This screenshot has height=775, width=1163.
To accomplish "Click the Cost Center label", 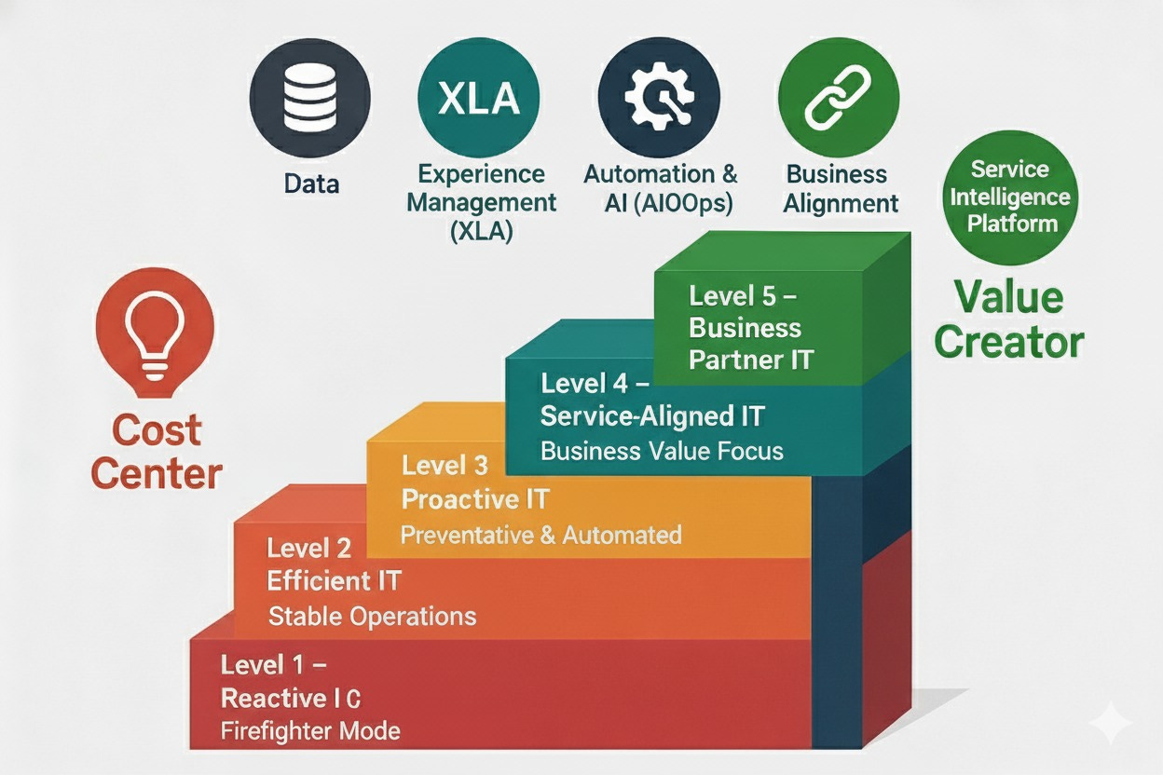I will tap(157, 452).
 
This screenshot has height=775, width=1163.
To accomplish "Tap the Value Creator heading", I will tap(1009, 320).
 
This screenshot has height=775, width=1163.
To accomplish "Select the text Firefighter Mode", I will tap(310, 730).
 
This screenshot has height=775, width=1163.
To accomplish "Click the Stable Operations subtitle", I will tap(372, 616).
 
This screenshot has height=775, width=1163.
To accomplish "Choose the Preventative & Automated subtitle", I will tap(540, 535).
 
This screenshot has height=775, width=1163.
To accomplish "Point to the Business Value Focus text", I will tap(662, 452).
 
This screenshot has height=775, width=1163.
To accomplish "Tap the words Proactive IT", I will tap(474, 499).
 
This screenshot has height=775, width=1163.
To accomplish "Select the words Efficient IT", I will tap(334, 581).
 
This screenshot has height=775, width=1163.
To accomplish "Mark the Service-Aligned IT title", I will tap(652, 416).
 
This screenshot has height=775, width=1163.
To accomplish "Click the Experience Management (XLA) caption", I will tap(482, 202).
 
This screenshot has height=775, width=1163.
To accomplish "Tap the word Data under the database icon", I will tap(311, 184).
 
